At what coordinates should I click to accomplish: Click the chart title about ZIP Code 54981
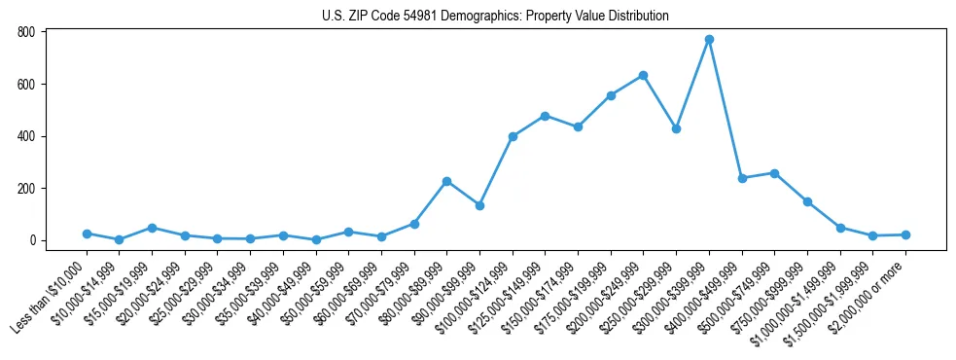point(495,16)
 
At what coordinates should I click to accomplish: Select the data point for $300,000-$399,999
point(709,40)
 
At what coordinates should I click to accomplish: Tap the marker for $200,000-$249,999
point(643,75)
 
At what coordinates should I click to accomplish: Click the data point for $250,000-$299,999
point(676,128)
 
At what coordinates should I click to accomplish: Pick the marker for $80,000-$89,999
point(446,181)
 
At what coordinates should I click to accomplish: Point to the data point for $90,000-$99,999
point(479,205)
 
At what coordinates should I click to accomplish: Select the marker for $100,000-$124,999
point(513,136)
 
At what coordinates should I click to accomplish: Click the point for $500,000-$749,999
point(774,173)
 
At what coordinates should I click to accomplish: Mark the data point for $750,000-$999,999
point(807,201)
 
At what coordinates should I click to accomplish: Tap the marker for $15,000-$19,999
point(152,228)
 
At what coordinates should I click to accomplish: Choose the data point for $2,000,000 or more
point(905,234)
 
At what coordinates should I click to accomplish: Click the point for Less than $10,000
point(87,234)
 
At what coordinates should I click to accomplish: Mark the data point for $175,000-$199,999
point(611,95)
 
